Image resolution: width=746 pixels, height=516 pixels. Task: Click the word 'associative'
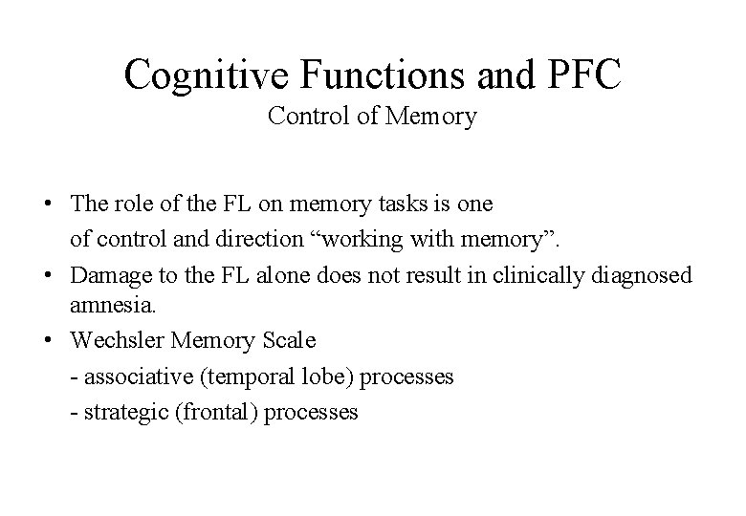pyautogui.click(x=130, y=376)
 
